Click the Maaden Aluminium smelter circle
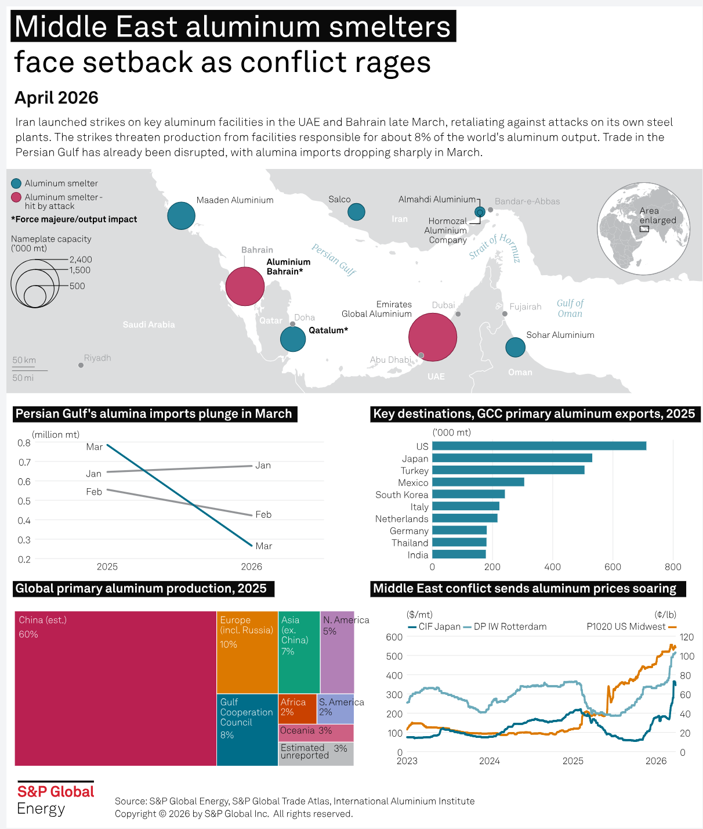click(181, 216)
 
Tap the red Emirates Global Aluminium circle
click(433, 337)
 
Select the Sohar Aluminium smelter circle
click(515, 348)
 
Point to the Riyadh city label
click(97, 358)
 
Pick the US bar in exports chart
click(539, 446)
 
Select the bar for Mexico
click(478, 482)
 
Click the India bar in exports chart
click(459, 554)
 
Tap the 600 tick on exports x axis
click(613, 567)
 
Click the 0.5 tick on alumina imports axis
click(24, 501)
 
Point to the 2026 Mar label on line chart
click(264, 546)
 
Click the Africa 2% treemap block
click(298, 708)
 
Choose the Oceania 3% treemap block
click(316, 733)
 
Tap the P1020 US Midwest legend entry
click(626, 627)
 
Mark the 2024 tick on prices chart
click(490, 761)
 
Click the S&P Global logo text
click(56, 792)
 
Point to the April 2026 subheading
click(56, 98)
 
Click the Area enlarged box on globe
click(644, 229)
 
